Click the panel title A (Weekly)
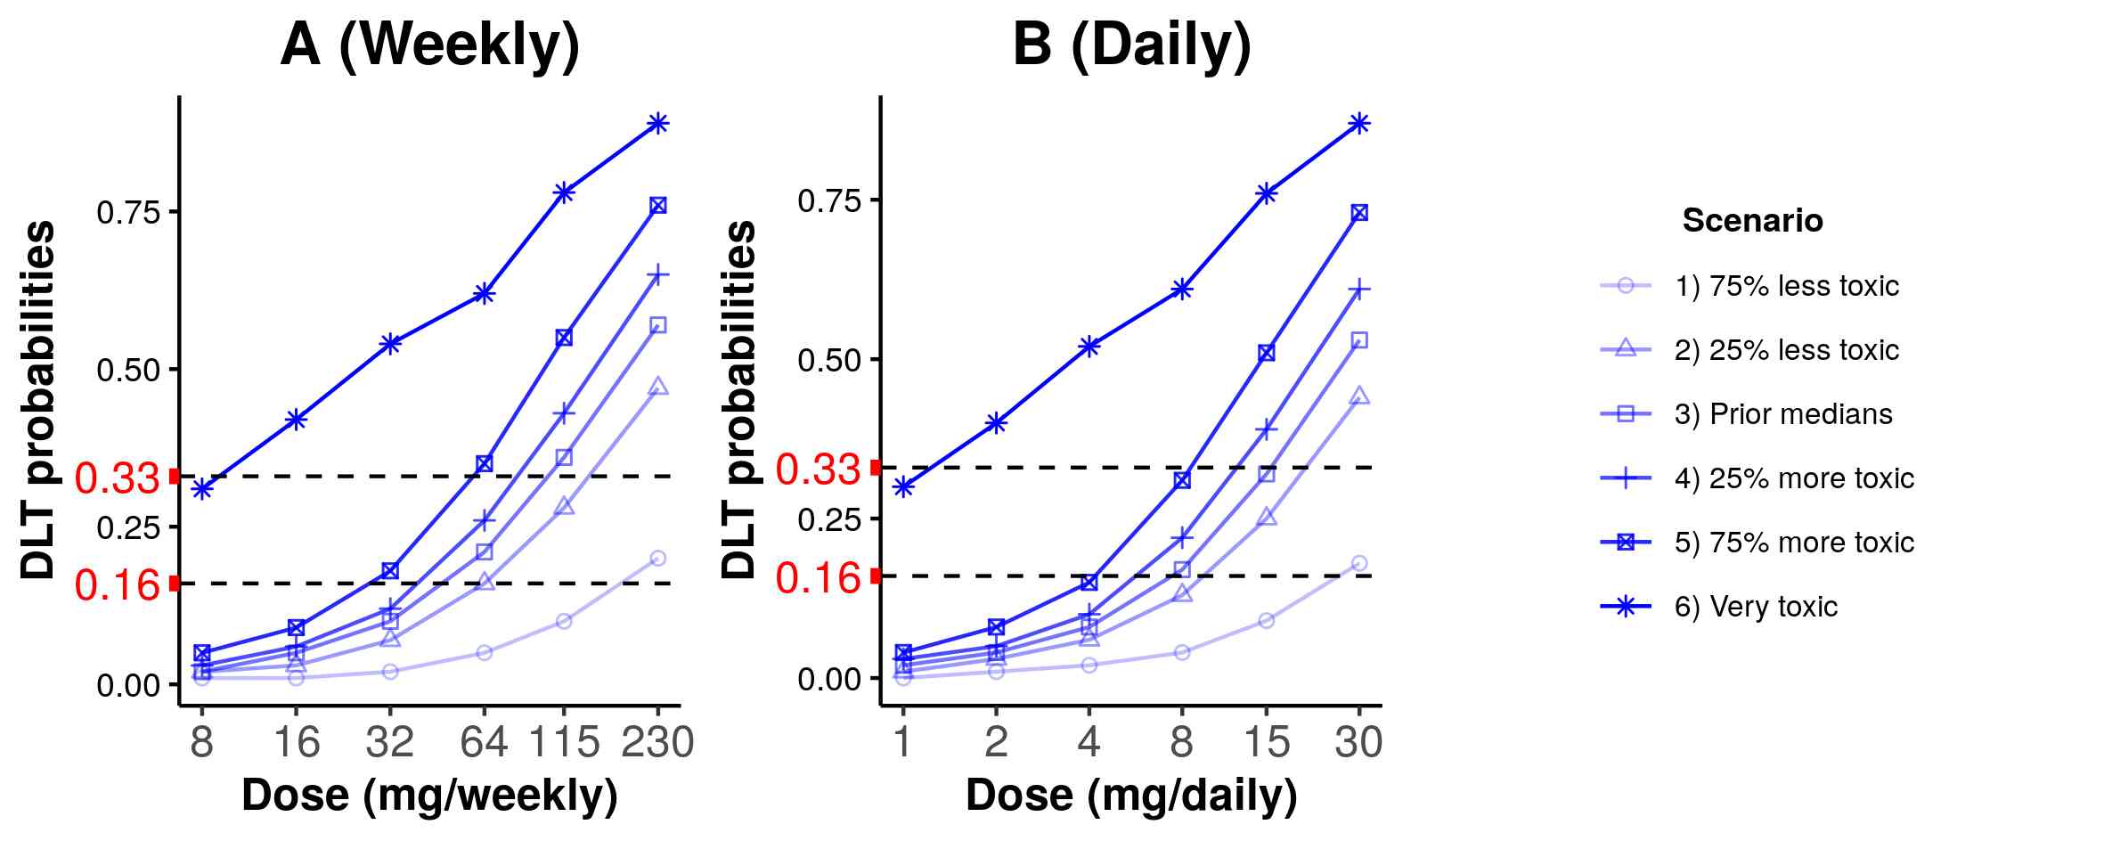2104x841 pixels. (429, 45)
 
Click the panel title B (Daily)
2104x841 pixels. (1131, 45)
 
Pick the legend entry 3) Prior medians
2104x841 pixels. (1782, 414)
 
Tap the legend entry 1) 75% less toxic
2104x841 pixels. (1786, 286)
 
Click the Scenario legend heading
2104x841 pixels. (1752, 220)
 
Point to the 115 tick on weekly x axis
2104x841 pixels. (564, 742)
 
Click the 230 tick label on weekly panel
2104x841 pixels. (657, 742)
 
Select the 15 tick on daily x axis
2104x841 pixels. (1266, 742)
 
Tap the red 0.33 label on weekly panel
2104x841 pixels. (117, 478)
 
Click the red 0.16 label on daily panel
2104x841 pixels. (818, 578)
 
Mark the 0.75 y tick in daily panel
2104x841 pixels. (830, 200)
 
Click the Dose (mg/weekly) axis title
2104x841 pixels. (429, 795)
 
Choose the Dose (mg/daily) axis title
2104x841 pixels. (1131, 795)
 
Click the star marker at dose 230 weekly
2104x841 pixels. (657, 123)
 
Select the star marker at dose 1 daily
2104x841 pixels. (903, 486)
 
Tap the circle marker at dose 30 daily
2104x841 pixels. (1358, 563)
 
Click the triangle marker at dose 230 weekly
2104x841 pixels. (657, 387)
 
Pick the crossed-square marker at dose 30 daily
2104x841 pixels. (1358, 213)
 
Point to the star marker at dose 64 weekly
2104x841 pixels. (484, 293)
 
